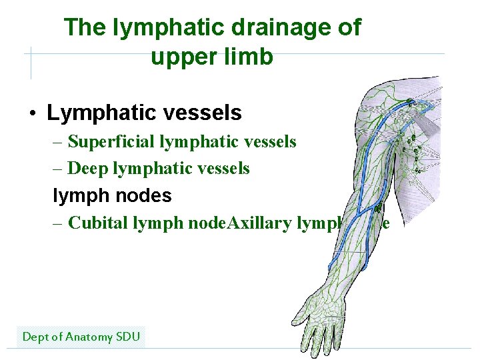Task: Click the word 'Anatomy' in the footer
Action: pyautogui.click(x=89, y=337)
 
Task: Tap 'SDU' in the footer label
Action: pyautogui.click(x=128, y=337)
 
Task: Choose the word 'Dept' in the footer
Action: pyautogui.click(x=36, y=337)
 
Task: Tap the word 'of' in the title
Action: pyautogui.click(x=349, y=27)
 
